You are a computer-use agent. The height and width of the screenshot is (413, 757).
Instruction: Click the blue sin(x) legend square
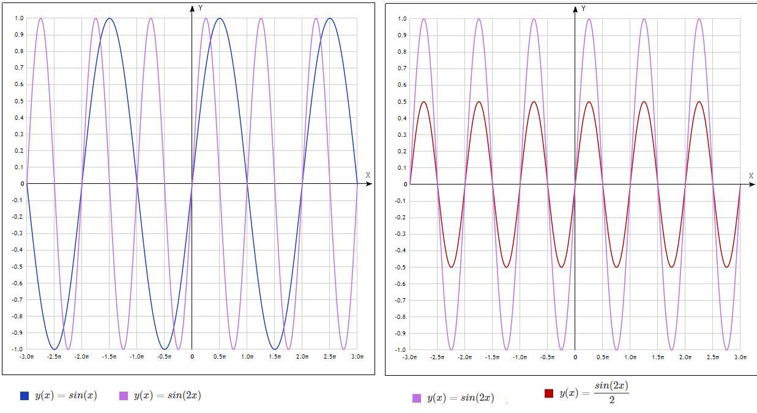pos(24,396)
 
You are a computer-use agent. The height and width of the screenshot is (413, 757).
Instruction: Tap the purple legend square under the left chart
pos(124,396)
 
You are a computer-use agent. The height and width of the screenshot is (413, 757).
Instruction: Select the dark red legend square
pos(548,393)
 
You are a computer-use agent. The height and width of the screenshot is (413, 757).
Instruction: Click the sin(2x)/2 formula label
pos(594,393)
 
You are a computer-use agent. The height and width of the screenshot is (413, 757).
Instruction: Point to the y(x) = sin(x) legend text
pos(65,395)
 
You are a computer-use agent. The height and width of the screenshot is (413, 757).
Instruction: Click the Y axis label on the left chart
pos(200,8)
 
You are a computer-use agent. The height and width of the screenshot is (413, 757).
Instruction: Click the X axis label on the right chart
pos(751,176)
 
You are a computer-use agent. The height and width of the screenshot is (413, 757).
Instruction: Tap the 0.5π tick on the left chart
pos(220,356)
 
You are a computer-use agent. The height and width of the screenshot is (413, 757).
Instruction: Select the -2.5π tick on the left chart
pos(54,356)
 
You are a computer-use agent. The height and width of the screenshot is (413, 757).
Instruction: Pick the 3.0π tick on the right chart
pos(740,357)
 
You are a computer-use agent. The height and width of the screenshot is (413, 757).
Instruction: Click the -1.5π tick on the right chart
pos(492,357)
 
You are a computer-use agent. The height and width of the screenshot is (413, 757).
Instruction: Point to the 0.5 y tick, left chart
pos(18,101)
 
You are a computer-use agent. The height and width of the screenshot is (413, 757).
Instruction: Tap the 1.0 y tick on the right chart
pos(401,19)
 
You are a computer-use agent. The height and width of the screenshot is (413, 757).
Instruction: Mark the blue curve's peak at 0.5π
pos(220,18)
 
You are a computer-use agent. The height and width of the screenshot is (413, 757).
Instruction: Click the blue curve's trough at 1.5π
pos(275,349)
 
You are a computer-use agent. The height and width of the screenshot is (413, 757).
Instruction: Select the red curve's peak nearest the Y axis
pos(589,101)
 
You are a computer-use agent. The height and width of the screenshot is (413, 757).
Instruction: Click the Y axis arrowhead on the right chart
pos(575,9)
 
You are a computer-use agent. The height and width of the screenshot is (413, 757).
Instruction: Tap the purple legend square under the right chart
pos(417,398)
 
